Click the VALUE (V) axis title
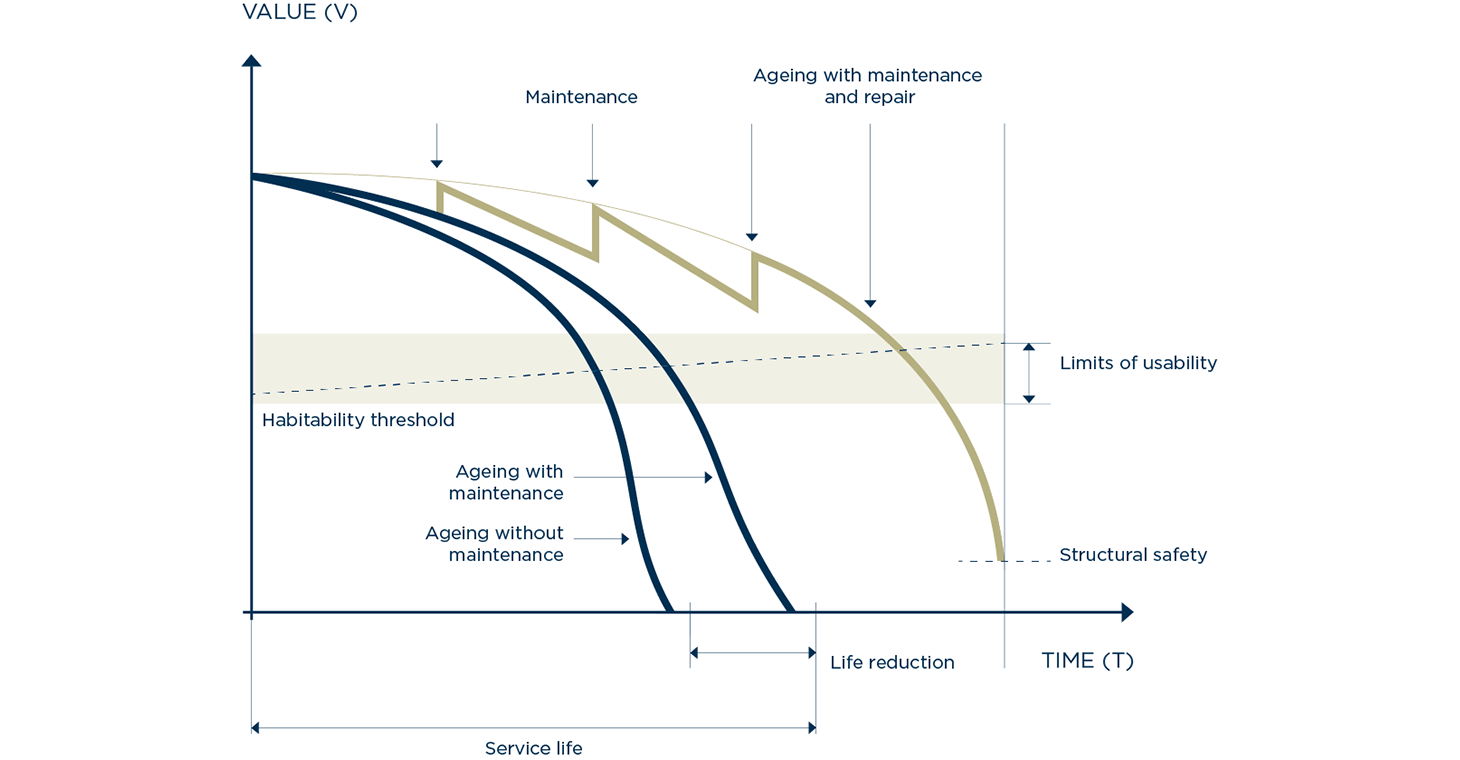pyautogui.click(x=299, y=13)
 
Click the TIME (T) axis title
pyautogui.click(x=1087, y=661)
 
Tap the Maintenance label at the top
pyautogui.click(x=581, y=97)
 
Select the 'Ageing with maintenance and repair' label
pyautogui.click(x=867, y=86)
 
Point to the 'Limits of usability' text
pyautogui.click(x=1138, y=363)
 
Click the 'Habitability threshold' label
pyautogui.click(x=358, y=420)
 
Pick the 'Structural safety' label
pyautogui.click(x=1133, y=555)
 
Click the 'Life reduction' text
pyautogui.click(x=892, y=663)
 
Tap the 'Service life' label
pyautogui.click(x=533, y=749)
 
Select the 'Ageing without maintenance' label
pyautogui.click(x=494, y=544)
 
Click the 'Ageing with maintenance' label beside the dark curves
pyautogui.click(x=506, y=482)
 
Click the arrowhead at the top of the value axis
pyautogui.click(x=252, y=61)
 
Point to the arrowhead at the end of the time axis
pyautogui.click(x=1127, y=612)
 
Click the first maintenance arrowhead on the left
pyautogui.click(x=436, y=164)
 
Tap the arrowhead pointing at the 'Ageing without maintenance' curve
pyautogui.click(x=624, y=539)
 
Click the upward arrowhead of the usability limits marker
pyautogui.click(x=1028, y=347)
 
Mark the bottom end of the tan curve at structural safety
pyautogui.click(x=1001, y=558)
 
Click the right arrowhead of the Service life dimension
pyautogui.click(x=810, y=728)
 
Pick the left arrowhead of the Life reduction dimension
pyautogui.click(x=695, y=653)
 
